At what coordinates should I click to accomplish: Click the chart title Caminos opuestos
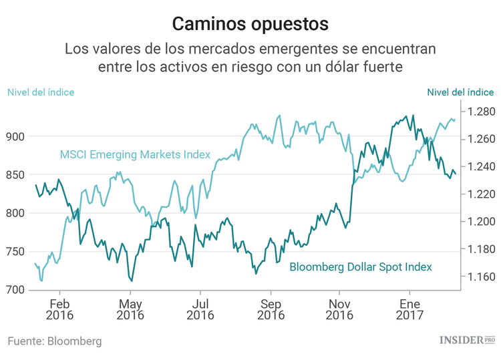[250, 23]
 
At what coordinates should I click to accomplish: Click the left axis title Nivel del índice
[41, 92]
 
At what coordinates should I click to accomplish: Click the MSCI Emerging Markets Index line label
[135, 155]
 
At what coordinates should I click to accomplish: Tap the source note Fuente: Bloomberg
[55, 341]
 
